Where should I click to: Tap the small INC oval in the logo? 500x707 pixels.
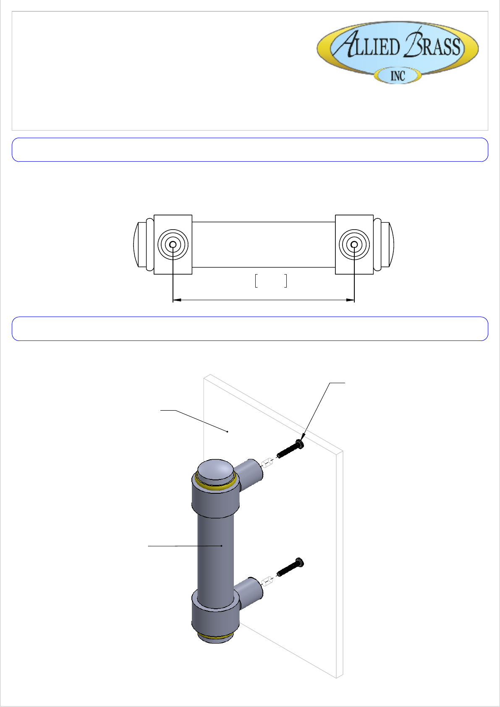click(x=398, y=76)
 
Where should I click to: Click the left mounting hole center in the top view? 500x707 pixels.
click(x=173, y=245)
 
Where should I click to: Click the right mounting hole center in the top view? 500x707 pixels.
click(x=354, y=245)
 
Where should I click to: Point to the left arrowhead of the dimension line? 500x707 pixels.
click(x=177, y=300)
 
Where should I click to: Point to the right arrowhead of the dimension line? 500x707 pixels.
click(x=351, y=300)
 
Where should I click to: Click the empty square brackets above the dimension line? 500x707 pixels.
click(x=271, y=281)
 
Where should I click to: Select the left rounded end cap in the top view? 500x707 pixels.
click(x=140, y=245)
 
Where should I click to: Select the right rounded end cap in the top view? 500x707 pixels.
click(x=387, y=245)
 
